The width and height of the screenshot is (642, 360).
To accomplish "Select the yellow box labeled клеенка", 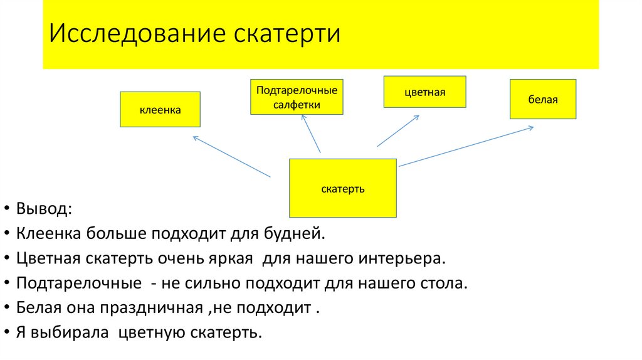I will (x=160, y=110).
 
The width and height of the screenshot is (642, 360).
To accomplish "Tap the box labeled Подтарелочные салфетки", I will (x=297, y=97).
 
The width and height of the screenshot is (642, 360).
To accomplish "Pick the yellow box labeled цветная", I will (x=424, y=92).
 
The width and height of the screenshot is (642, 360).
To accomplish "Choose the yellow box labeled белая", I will (x=542, y=99).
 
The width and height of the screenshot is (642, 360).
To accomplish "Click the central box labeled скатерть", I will (x=342, y=188).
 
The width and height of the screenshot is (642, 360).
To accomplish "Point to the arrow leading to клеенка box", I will (x=231, y=156).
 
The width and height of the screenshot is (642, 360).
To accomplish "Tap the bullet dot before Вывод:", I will (x=6, y=209).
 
